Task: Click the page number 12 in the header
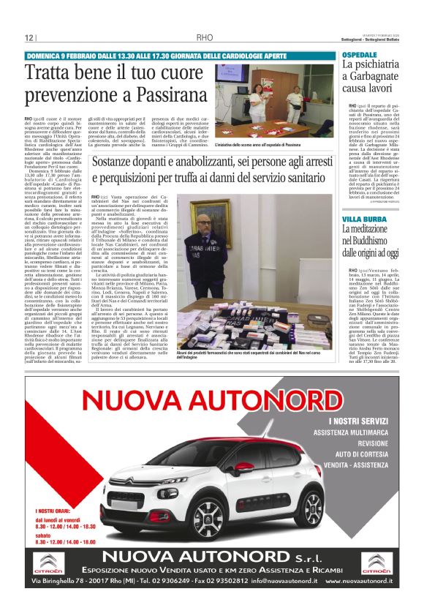(29, 38)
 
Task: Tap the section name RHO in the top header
(203, 38)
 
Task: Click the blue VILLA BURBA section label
(363, 219)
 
